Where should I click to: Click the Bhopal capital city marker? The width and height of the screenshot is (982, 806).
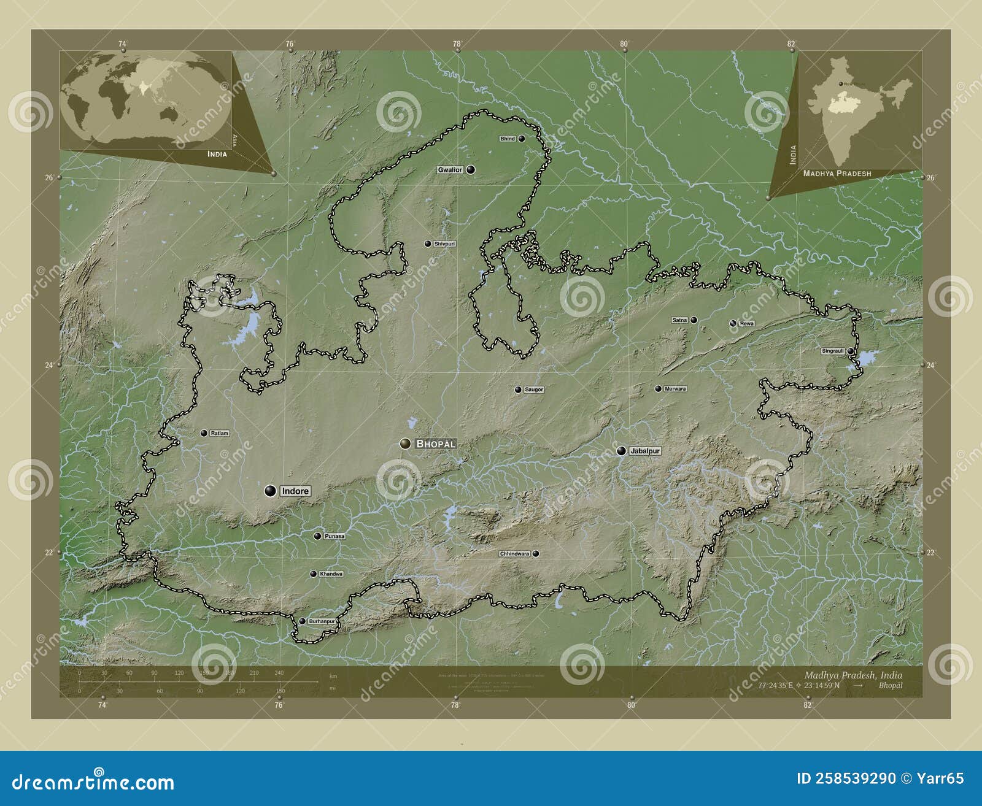405,443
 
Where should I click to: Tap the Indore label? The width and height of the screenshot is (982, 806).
295,491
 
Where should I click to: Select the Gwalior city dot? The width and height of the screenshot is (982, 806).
471,169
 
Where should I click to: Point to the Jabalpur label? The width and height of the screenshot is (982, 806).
644,451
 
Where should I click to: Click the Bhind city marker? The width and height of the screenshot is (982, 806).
521,139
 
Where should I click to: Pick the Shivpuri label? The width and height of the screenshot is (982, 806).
444,244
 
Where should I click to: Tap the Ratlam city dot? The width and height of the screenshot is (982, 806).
204,433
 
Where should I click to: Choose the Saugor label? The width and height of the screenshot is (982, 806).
534,390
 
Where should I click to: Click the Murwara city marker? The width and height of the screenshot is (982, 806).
658,388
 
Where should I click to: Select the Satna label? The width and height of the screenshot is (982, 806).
679,320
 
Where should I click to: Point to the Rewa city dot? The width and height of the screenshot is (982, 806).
733,323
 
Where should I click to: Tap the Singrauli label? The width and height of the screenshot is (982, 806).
833,351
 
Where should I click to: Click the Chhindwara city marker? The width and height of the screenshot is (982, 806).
536,553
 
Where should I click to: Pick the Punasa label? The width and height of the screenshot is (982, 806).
334,536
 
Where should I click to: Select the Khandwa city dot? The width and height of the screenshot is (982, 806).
313,574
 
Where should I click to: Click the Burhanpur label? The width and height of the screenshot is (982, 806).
322,621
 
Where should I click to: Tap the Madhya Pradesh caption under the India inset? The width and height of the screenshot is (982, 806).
837,174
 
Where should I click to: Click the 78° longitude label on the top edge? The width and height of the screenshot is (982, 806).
457,44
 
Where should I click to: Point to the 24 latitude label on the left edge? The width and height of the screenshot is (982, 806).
48,365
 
